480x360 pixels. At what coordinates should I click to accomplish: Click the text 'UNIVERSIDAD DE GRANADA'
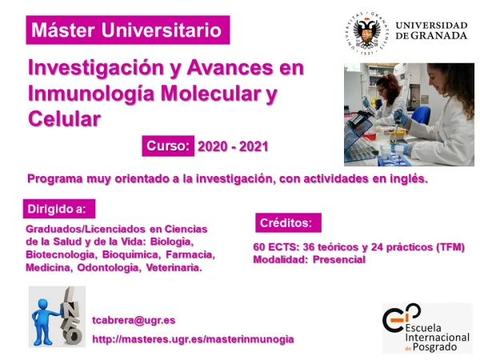(431, 30)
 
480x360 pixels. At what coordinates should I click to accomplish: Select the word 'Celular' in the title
(64, 119)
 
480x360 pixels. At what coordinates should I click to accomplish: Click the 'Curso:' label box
(169, 146)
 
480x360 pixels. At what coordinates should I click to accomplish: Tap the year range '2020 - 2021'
(233, 146)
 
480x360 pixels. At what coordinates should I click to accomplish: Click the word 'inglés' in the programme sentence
(407, 178)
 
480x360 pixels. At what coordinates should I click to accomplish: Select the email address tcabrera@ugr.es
(134, 320)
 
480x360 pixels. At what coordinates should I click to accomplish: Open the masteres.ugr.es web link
(193, 339)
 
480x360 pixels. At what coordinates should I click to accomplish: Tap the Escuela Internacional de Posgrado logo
(426, 328)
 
